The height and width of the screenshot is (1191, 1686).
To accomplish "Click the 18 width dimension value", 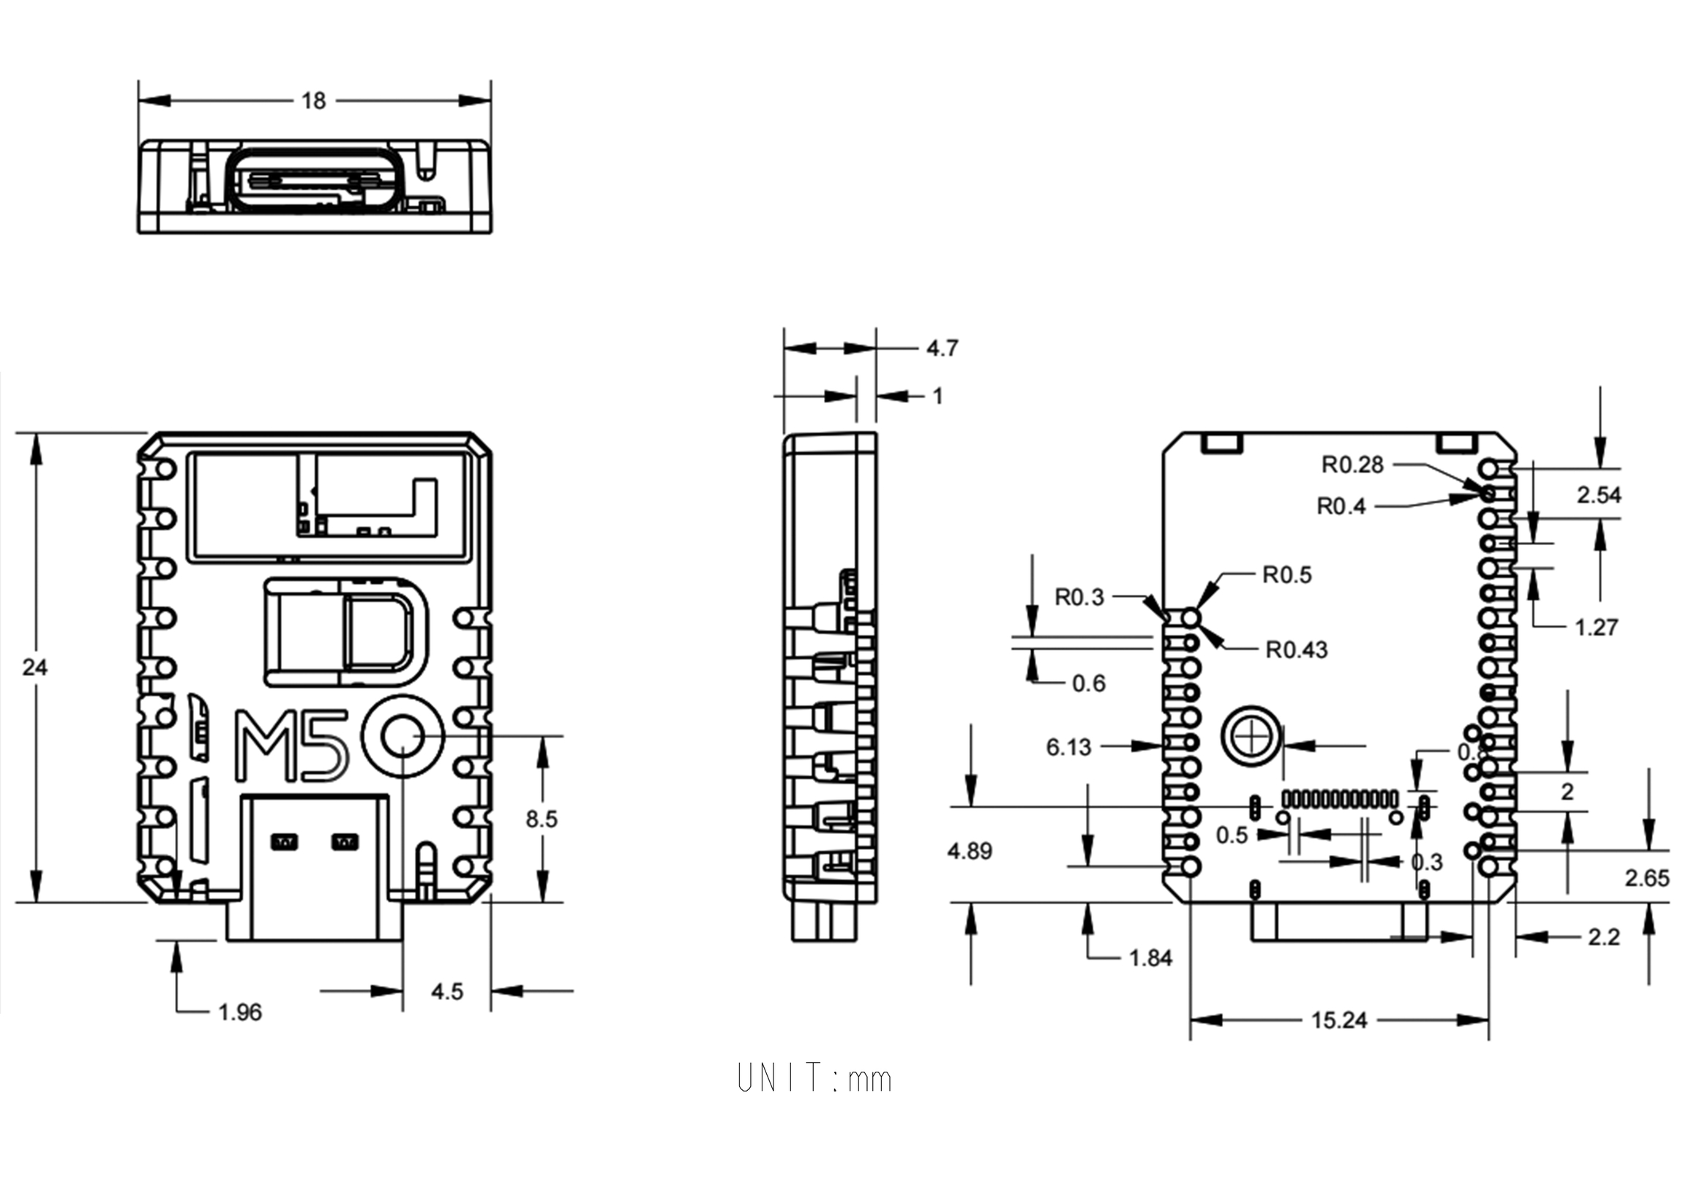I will point(313,101).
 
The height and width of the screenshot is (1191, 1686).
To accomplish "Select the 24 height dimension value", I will point(34,666).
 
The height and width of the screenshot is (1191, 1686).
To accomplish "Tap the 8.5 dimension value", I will point(542,819).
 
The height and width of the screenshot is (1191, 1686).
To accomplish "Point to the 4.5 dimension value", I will point(446,992).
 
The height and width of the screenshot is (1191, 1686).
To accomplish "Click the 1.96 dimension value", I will point(239,1012).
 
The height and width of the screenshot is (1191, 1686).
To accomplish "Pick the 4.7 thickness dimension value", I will point(942,348).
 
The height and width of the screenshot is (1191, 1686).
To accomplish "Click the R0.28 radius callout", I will point(1352,465).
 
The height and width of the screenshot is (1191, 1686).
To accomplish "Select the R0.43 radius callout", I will point(1296,650).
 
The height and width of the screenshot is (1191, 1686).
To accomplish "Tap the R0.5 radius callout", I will point(1286,575).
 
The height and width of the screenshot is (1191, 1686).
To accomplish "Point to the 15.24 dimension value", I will point(1338,1021).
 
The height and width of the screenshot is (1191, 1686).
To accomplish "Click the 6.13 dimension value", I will point(1068,748).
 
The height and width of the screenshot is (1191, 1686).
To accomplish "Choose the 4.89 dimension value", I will point(970,851).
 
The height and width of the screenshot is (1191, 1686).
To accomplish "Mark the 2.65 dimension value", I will point(1647,878).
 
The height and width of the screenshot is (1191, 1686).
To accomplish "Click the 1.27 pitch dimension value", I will point(1596,628).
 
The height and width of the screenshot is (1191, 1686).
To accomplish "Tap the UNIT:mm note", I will point(814,1078).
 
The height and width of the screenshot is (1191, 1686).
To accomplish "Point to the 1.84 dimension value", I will point(1150,958).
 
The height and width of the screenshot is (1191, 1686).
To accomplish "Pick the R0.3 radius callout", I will point(1079,598).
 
